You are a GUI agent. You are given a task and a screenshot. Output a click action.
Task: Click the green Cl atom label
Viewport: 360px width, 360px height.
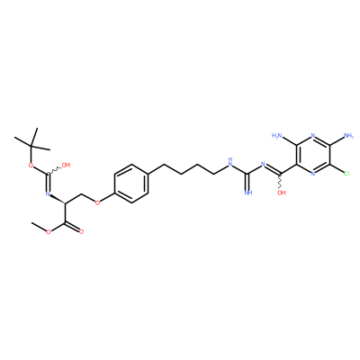[346, 174]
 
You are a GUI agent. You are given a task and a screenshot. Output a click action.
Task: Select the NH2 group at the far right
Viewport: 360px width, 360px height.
[348, 135]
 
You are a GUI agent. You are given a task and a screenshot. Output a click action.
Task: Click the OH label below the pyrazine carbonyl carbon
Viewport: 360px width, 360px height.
[282, 193]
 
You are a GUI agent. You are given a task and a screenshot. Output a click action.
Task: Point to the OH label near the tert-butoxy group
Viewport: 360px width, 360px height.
[66, 165]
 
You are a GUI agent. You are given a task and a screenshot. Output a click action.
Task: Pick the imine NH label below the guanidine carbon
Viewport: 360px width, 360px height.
[248, 193]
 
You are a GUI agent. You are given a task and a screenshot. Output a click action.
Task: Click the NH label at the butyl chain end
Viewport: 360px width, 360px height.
[230, 162]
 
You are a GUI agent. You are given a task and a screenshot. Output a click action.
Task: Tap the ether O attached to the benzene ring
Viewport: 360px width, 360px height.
[97, 202]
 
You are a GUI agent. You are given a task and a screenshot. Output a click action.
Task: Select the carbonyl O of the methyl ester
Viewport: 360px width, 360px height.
[81, 231]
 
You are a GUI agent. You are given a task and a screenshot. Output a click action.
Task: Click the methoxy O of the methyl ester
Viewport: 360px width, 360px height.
[48, 231]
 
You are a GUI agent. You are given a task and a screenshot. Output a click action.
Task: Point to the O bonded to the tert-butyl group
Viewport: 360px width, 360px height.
[31, 165]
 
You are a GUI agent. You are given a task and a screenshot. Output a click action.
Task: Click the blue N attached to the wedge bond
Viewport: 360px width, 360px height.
[48, 194]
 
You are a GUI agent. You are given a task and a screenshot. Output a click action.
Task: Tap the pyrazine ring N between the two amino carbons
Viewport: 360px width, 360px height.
[313, 135]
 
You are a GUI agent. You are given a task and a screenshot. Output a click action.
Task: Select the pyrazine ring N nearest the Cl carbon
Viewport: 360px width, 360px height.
[313, 174]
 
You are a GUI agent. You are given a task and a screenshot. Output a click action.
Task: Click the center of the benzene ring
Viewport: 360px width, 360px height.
[131, 183]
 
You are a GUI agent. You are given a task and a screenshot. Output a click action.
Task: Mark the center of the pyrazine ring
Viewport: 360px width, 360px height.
[313, 155]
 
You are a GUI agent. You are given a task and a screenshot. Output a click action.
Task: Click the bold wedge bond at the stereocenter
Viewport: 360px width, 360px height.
[57, 199]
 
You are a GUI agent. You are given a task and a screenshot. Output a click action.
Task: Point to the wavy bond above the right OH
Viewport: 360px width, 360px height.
[281, 181]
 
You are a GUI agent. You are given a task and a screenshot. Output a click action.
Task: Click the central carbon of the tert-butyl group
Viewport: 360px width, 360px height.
[31, 146]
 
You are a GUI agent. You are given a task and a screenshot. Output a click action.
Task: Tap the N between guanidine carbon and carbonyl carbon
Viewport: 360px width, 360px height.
[263, 164]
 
